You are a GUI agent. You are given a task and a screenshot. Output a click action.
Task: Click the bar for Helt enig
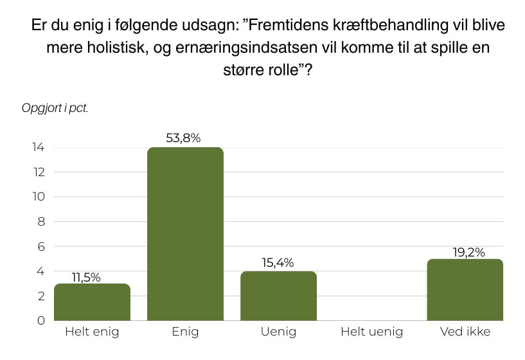coord(92,302)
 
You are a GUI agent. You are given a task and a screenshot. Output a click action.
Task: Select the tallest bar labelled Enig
coord(185,234)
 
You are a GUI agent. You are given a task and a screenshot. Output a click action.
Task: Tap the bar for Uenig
coord(278,296)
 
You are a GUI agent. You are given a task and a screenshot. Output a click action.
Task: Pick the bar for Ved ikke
coord(465,289)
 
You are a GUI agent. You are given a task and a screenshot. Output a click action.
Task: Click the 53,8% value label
coord(185,138)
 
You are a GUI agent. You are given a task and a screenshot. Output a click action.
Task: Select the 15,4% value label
coord(278,262)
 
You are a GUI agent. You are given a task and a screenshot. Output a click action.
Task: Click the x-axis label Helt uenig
coord(371,332)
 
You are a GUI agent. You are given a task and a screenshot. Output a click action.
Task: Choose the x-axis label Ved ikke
coord(465,332)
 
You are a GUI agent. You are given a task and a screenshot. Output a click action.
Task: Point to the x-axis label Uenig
coord(278,332)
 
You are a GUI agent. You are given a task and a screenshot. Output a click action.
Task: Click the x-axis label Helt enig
coord(92,332)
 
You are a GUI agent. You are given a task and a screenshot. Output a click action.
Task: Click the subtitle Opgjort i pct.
coord(55,107)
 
